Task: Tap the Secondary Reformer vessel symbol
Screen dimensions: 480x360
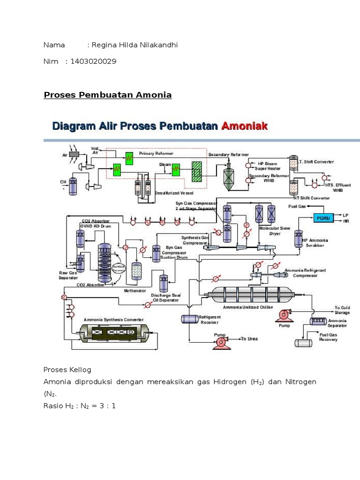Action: pyautogui.click(x=229, y=177)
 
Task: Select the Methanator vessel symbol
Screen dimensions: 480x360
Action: pyautogui.click(x=136, y=270)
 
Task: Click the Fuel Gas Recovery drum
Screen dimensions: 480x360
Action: pyautogui.click(x=303, y=343)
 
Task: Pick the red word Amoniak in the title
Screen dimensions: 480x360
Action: pyautogui.click(x=244, y=126)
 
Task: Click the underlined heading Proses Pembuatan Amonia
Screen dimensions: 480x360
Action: pyautogui.click(x=108, y=95)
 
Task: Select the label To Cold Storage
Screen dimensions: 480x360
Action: pyautogui.click(x=342, y=310)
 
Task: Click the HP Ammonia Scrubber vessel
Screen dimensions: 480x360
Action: pyautogui.click(x=298, y=238)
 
